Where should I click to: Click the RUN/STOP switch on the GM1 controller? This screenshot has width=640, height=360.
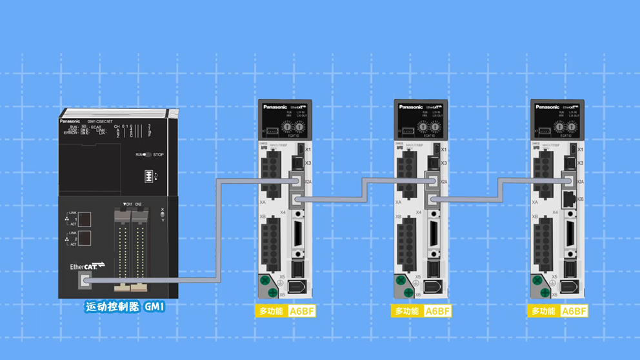tap(148, 155)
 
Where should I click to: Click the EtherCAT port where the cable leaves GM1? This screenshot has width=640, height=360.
tap(86, 281)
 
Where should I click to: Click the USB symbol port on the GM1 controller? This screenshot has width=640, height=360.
tap(150, 176)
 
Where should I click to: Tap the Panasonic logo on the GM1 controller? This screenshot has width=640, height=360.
tap(70, 121)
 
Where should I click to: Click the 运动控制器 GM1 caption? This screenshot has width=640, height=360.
tap(125, 307)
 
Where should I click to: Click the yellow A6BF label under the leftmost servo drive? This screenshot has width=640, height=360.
tap(302, 311)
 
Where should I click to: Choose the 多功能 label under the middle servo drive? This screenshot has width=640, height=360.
tap(407, 311)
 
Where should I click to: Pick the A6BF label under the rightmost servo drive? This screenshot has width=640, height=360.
tap(574, 311)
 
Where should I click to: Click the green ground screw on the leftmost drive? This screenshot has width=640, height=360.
tap(265, 281)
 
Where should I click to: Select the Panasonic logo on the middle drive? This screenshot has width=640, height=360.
tap(411, 107)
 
